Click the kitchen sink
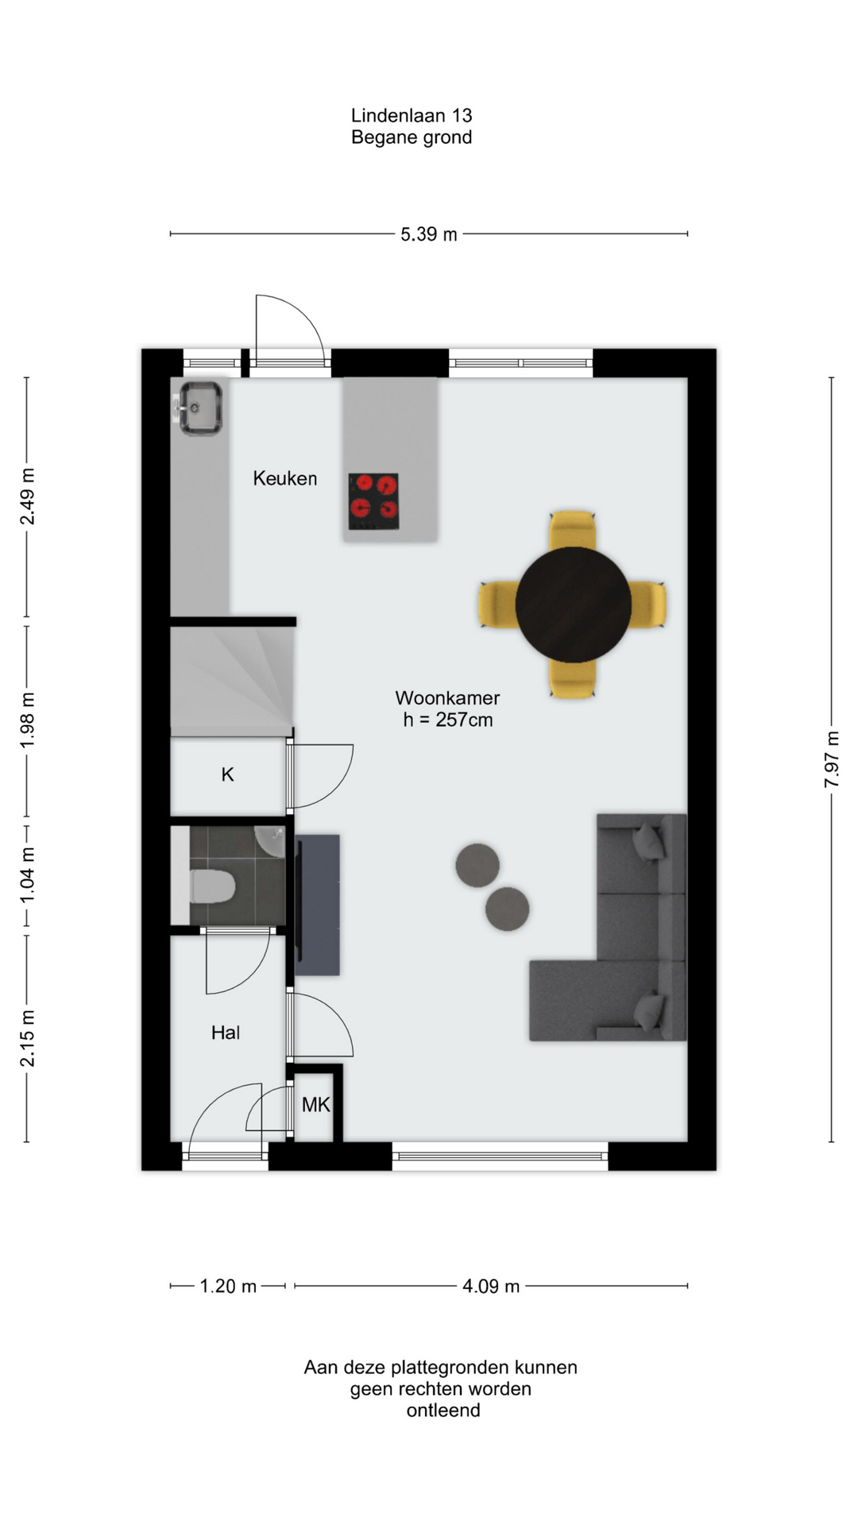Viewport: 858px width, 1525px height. pos(199,408)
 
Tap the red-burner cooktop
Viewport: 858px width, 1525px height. pos(373,501)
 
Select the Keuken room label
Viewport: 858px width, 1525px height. pos(285,478)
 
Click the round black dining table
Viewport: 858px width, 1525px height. pos(573,604)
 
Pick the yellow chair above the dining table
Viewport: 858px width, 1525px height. pos(573,530)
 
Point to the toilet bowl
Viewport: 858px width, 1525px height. pos(212,886)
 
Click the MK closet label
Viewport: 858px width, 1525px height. pos(315,1104)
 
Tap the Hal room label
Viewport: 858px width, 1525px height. pos(226,1033)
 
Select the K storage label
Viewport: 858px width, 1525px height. pos(227,774)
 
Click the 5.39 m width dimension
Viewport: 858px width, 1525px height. pos(429,234)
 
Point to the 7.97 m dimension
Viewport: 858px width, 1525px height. pos(831,759)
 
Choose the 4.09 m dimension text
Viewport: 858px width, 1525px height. pos(491,1286)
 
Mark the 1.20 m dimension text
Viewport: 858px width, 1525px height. pos(228,1286)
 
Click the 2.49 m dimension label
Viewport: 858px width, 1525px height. pos(27,496)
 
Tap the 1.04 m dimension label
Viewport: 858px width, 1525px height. pos(27,874)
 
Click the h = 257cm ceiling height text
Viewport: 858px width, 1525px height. pos(448,720)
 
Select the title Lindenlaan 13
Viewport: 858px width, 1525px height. pos(412,116)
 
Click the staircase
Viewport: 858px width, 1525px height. pos(232,681)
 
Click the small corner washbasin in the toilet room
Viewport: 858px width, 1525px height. pos(271,841)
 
